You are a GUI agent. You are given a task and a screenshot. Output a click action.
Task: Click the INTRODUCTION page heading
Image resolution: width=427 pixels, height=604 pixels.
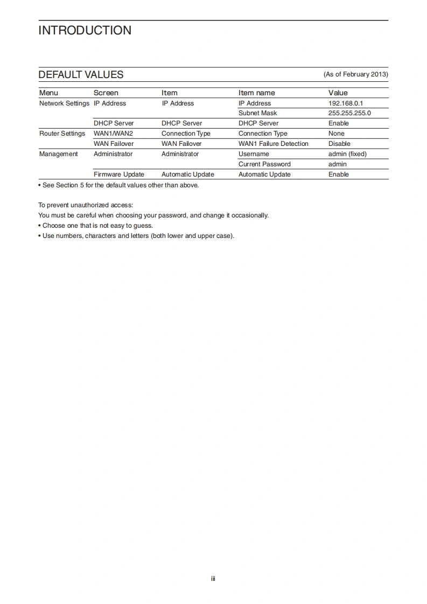tap(85, 31)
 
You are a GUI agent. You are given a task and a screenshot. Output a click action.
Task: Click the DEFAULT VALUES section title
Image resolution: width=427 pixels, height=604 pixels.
tap(81, 75)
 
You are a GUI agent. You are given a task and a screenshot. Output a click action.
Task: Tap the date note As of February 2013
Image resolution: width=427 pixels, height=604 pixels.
tap(355, 74)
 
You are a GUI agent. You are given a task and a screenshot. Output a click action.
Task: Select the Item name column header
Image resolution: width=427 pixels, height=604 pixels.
tap(256, 93)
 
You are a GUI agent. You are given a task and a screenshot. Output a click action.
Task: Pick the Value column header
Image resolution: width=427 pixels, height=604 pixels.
tap(338, 93)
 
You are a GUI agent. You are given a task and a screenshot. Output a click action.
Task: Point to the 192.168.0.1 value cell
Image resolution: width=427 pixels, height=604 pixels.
tap(346, 103)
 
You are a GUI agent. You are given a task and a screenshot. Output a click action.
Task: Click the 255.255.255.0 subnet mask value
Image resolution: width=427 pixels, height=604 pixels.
tap(349, 113)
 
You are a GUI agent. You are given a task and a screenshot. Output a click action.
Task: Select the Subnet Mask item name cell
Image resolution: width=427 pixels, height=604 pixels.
tap(257, 113)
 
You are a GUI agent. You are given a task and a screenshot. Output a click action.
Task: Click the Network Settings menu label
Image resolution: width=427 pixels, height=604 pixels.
tap(64, 103)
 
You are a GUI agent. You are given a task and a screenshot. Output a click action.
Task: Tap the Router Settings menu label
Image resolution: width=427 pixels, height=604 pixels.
tap(62, 134)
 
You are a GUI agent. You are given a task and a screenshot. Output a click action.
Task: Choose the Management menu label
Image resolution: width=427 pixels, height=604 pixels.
tap(58, 154)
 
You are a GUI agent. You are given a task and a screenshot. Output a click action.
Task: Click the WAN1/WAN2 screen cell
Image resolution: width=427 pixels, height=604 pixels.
tap(113, 134)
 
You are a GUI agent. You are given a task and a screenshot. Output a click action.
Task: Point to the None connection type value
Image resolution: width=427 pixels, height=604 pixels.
tap(336, 134)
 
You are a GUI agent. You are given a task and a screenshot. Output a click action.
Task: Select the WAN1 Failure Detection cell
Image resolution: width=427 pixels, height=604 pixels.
tap(273, 144)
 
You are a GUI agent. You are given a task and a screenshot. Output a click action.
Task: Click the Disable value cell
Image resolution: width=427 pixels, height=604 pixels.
tap(339, 144)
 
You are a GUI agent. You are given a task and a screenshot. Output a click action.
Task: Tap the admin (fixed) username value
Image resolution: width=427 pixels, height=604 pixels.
tap(347, 154)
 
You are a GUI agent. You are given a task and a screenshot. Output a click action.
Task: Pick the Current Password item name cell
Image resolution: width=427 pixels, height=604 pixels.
tap(264, 164)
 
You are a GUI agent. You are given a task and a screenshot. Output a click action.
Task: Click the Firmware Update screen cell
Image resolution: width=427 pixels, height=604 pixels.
tap(118, 174)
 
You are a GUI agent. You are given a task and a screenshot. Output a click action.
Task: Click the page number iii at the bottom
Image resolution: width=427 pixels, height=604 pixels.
tap(213, 579)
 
